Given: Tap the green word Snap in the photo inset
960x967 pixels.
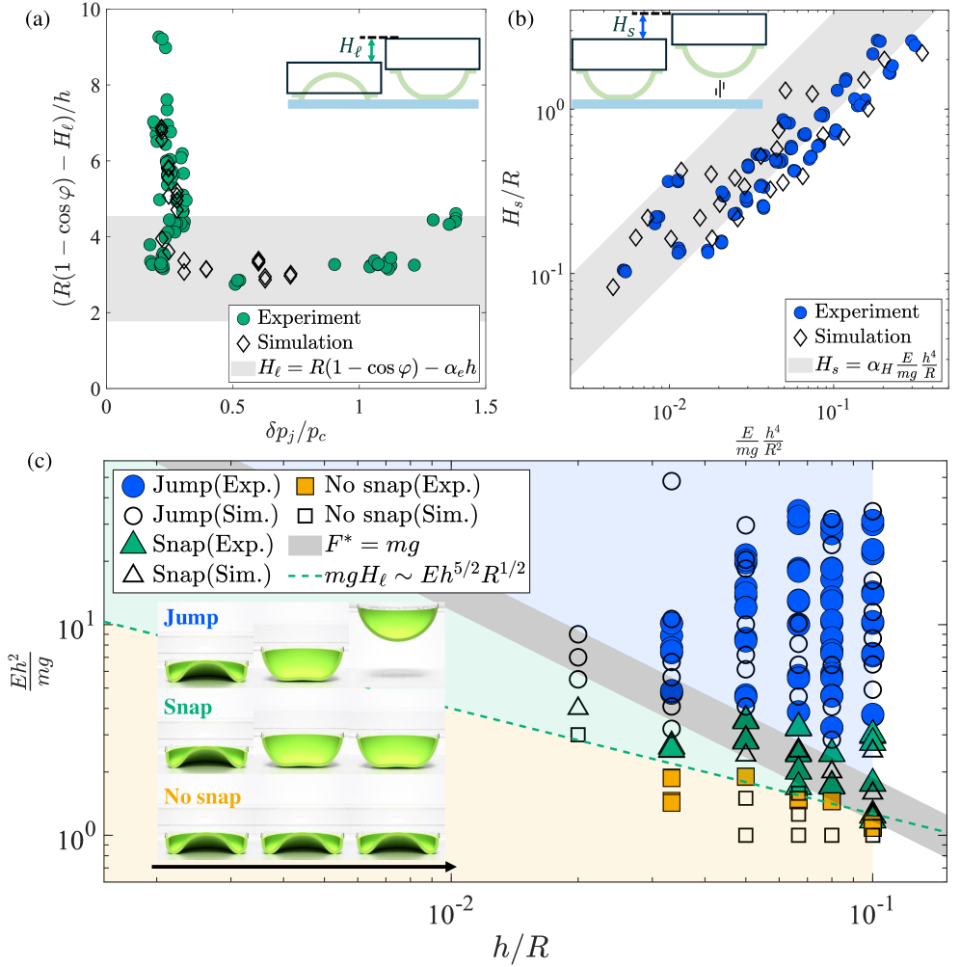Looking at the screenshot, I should (x=189, y=707).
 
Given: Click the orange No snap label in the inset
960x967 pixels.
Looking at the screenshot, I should (x=201, y=797).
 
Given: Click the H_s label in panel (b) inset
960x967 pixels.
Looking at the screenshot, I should (x=625, y=27).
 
